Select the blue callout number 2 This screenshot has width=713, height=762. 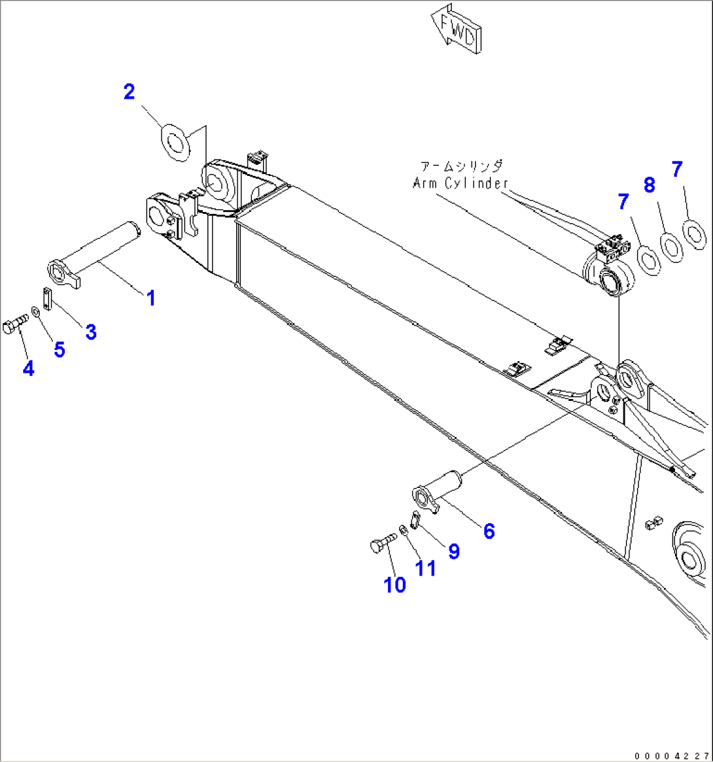pyautogui.click(x=130, y=92)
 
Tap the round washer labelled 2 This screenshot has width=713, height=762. pyautogui.click(x=175, y=143)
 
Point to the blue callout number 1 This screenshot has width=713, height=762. pyautogui.click(x=151, y=298)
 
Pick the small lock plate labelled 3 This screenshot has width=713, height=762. pyautogui.click(x=46, y=300)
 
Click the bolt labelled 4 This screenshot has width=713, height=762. pyautogui.click(x=15, y=325)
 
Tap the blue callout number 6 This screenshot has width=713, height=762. pyautogui.click(x=489, y=530)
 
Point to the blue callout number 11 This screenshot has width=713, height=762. pyautogui.click(x=426, y=568)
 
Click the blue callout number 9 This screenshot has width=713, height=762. pyautogui.click(x=453, y=551)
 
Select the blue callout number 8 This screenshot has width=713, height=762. pyautogui.click(x=649, y=185)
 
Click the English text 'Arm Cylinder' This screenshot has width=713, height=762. pyautogui.click(x=460, y=183)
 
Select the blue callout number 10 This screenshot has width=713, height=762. pyautogui.click(x=394, y=585)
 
